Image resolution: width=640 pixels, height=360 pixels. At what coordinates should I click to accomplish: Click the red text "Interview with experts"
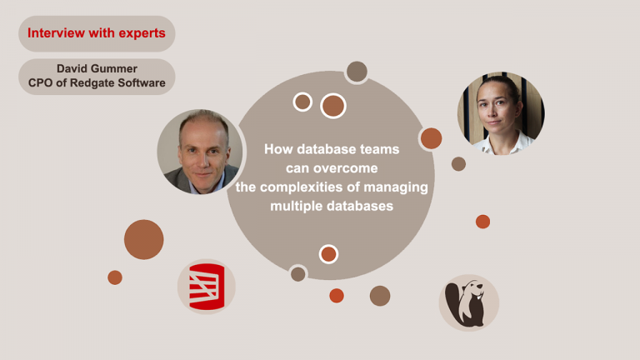[x=96, y=34]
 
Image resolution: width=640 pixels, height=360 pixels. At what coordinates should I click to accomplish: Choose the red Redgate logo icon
[x=206, y=286]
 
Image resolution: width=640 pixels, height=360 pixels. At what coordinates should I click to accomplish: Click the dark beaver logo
[x=468, y=302]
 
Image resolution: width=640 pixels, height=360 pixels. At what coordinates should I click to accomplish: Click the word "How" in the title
[x=278, y=150]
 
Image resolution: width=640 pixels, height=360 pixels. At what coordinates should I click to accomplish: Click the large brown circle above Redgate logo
[x=143, y=239]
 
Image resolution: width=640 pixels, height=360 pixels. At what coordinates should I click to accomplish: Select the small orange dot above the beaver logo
[x=482, y=221]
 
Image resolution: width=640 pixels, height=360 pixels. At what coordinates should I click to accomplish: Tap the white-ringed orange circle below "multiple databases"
[x=328, y=253]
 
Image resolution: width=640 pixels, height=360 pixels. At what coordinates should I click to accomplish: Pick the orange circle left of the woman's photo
[x=431, y=138]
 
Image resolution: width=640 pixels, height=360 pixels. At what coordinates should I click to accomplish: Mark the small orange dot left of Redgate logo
[x=115, y=277]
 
